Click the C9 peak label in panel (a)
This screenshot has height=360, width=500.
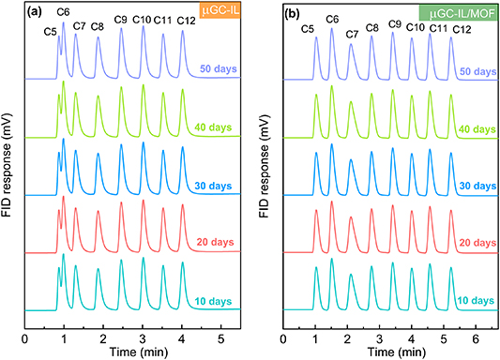121,20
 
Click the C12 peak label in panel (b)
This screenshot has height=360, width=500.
462,30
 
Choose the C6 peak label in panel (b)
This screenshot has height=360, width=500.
332,19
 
